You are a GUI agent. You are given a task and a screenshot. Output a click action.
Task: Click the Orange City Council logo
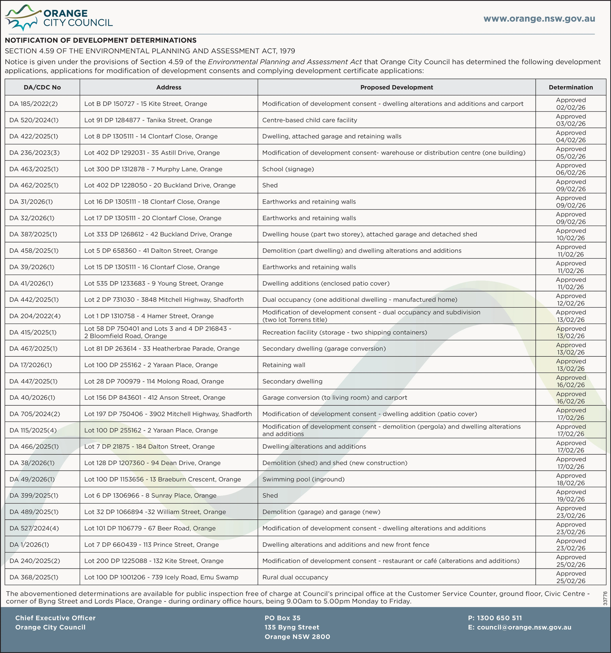[x=58, y=18]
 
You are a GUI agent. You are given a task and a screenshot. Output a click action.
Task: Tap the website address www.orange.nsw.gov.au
[x=539, y=19]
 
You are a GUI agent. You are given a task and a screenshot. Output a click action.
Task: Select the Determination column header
[x=571, y=87]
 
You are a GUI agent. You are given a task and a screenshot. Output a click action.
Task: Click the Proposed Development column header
[x=396, y=87]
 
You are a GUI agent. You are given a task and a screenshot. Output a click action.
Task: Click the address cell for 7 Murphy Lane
[x=153, y=169]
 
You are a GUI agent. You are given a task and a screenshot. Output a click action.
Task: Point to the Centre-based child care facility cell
[x=309, y=120]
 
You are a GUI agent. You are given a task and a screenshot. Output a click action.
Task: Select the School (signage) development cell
[x=288, y=169]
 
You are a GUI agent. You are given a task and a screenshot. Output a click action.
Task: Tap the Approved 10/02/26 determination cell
[x=571, y=234]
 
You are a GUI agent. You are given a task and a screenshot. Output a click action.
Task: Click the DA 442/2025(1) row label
[x=34, y=300]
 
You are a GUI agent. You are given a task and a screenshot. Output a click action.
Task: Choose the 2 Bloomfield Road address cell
[x=158, y=332]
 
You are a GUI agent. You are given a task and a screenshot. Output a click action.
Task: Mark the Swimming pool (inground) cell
[x=303, y=479]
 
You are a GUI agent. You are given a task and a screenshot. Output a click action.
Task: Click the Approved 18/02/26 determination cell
[x=571, y=479]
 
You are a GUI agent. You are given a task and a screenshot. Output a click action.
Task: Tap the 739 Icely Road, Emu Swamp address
[x=161, y=577]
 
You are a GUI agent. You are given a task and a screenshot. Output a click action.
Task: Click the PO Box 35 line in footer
[x=282, y=618]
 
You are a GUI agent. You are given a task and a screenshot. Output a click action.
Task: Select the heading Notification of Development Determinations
[x=100, y=40]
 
